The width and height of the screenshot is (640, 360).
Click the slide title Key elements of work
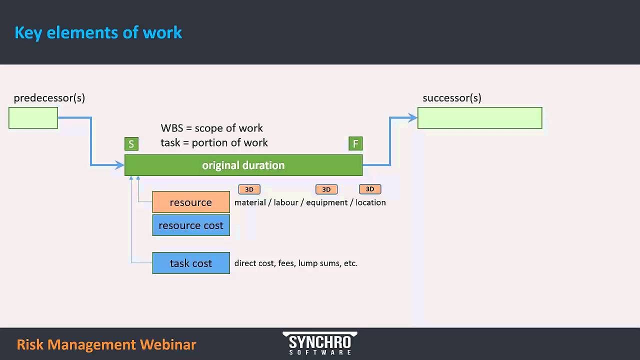pyautogui.click(x=98, y=32)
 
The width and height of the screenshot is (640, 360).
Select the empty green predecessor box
pyautogui.click(x=33, y=118)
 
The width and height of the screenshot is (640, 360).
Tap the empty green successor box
pyautogui.click(x=479, y=118)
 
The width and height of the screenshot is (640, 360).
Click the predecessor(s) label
pyautogui.click(x=49, y=98)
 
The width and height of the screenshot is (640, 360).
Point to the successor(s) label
pyautogui.click(x=451, y=98)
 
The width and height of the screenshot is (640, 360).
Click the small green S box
pyautogui.click(x=131, y=144)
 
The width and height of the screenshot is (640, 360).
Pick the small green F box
pyautogui.click(x=355, y=144)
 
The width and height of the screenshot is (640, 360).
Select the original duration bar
pyautogui.click(x=243, y=165)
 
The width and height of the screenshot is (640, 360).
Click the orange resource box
pyautogui.click(x=191, y=202)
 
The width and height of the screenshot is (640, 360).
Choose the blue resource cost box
pyautogui.click(x=191, y=225)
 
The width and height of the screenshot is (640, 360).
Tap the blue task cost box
pyautogui.click(x=191, y=263)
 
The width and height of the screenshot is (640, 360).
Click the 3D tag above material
pyautogui.click(x=249, y=189)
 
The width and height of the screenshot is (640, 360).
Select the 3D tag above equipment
pyautogui.click(x=326, y=189)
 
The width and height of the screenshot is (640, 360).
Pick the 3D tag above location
pyautogui.click(x=370, y=189)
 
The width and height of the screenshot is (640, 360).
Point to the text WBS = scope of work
pyautogui.click(x=211, y=128)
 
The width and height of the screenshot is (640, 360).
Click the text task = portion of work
pyautogui.click(x=214, y=142)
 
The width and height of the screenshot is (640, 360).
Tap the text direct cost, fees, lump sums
pyautogui.click(x=295, y=263)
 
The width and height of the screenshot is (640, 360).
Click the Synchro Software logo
pyautogui.click(x=320, y=343)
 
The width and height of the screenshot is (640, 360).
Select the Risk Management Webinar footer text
pyautogui.click(x=106, y=344)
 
